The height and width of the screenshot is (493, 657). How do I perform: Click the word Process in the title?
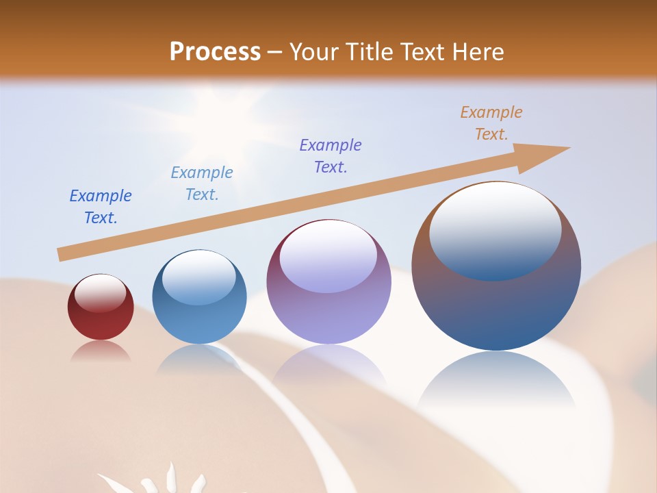click(x=215, y=51)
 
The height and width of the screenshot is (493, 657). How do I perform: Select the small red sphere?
click(x=100, y=307)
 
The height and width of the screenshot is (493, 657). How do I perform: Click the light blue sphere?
click(x=199, y=297)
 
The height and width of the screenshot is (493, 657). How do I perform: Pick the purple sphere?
click(x=328, y=282)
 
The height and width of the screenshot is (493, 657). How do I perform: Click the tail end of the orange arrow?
click(x=62, y=254)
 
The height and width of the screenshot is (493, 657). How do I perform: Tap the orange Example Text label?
click(x=491, y=123)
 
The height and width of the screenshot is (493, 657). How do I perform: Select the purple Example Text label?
click(x=331, y=156)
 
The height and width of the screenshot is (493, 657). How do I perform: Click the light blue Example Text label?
click(x=202, y=184)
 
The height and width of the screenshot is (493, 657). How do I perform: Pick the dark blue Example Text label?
click(x=101, y=207)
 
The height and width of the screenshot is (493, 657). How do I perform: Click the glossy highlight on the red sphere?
click(x=100, y=293)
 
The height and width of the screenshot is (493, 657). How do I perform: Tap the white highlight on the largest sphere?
click(x=495, y=229)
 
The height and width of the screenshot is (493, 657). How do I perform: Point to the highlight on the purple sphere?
click(x=328, y=255)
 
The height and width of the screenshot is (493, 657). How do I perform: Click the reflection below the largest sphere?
click(x=496, y=383)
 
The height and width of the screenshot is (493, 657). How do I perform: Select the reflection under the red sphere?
click(x=100, y=351)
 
